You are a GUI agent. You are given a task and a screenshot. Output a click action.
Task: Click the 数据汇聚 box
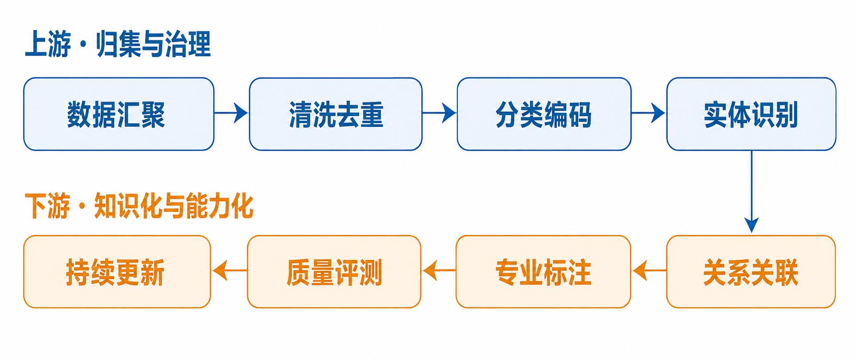[x=119, y=114]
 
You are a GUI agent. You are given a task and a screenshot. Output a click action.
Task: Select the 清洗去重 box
[x=336, y=114]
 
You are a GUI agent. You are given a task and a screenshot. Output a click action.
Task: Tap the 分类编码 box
[x=544, y=114]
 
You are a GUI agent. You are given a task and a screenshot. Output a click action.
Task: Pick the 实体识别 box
[x=751, y=114]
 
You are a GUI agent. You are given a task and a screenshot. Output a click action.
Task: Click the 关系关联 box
[x=751, y=272]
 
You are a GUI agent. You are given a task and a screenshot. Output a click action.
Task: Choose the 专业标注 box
[x=543, y=272]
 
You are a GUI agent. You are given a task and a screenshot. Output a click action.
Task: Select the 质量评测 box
[x=334, y=272]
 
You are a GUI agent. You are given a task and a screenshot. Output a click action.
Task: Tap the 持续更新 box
[x=117, y=272]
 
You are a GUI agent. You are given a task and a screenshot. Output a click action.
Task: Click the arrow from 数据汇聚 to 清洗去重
[x=231, y=113]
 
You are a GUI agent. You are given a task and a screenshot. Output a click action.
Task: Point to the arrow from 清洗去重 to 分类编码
[x=439, y=113]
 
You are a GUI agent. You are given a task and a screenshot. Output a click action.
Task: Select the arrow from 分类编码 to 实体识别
[x=649, y=113]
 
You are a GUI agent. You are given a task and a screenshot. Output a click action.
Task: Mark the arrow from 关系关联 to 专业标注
[x=649, y=271]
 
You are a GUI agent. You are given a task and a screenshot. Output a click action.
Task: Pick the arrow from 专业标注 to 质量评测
[x=439, y=271]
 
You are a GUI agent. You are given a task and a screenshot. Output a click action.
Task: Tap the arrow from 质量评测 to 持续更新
[x=230, y=271]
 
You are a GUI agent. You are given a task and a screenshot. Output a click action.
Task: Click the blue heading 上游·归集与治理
[x=118, y=44]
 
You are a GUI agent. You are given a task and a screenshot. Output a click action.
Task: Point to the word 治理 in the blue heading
[x=188, y=44]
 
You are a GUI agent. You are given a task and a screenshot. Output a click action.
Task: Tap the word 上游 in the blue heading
[x=48, y=44]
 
